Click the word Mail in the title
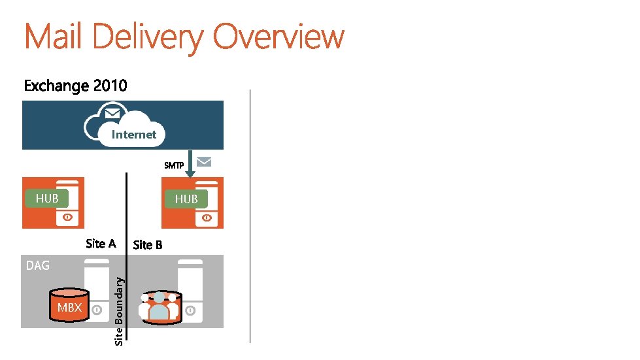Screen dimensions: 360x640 pos(54,37)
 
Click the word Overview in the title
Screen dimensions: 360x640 pos(278,37)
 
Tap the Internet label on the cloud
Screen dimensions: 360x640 pos(134,135)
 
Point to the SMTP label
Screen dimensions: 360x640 pos(174,165)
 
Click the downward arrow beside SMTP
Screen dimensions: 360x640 pos(190,163)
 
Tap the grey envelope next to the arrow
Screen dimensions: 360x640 pos(205,161)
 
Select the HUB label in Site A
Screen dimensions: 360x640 pos(47,198)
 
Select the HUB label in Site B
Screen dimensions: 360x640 pos(186,199)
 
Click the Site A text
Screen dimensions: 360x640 pos(101,244)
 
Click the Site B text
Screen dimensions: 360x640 pos(148,244)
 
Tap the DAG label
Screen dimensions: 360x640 pos(37,265)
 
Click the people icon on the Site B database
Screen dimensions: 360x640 pos(159,307)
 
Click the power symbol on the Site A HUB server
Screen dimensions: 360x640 pos(67,218)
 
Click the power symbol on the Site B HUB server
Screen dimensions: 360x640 pos(207,218)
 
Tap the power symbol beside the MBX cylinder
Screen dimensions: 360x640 pos(97,310)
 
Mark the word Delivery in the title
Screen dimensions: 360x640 pos(148,37)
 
